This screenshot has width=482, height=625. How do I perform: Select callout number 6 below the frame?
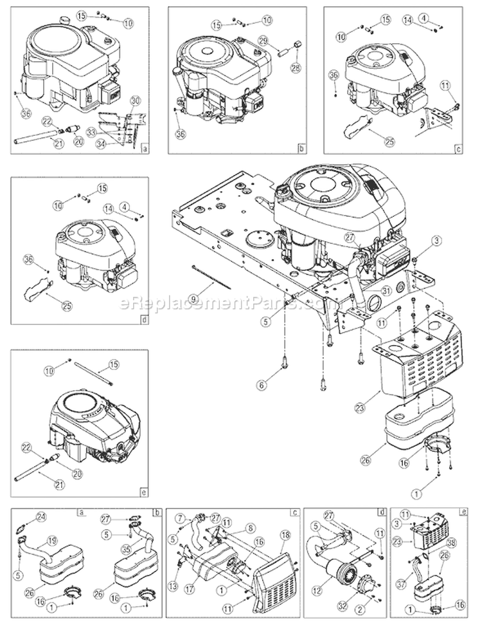tap(262, 385)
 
